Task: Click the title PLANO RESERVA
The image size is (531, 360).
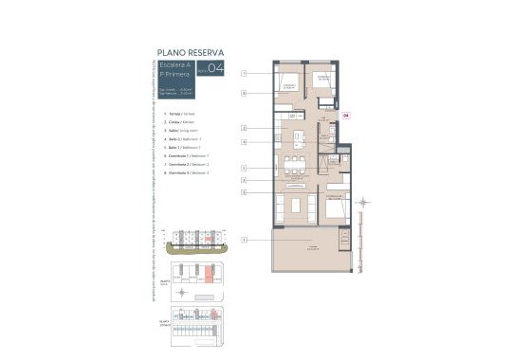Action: click(191, 54)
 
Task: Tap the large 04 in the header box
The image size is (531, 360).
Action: click(216, 67)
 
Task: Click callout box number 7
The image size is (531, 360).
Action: click(244, 73)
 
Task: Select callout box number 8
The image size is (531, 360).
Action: click(244, 94)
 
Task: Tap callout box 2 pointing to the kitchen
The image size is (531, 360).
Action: click(244, 128)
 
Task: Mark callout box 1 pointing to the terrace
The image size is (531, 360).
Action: click(244, 241)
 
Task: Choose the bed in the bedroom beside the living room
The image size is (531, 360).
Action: click(334, 208)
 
